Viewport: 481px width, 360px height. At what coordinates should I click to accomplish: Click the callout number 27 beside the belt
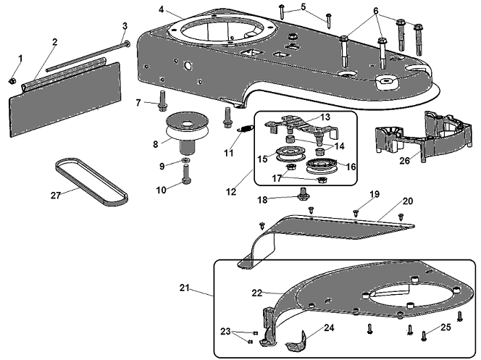coord(56,196)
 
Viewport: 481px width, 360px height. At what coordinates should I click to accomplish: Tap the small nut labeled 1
coord(12,81)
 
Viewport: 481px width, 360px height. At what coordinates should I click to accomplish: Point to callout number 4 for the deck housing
coord(162,9)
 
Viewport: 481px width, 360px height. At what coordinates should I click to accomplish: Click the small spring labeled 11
coord(246,130)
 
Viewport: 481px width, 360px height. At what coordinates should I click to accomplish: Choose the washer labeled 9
coord(185,160)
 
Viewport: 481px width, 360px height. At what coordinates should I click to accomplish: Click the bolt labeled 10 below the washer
coord(186,174)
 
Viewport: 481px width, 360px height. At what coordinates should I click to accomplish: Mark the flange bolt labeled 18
coord(303,194)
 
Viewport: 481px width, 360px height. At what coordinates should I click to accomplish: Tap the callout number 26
coord(405,160)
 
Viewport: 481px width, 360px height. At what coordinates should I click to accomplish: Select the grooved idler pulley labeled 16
coord(321,166)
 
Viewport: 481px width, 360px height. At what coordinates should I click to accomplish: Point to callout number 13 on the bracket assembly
coord(325,117)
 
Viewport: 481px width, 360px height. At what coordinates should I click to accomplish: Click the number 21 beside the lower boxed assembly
coord(185,288)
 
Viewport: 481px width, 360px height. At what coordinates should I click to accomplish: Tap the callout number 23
coord(225,332)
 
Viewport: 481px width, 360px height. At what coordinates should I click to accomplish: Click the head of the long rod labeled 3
coord(126,44)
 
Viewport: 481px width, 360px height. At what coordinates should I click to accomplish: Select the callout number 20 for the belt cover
coord(408,201)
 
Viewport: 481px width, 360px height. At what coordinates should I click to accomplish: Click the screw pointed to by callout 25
coord(424,336)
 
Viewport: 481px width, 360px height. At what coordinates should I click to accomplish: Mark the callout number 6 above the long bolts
coord(376,11)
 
